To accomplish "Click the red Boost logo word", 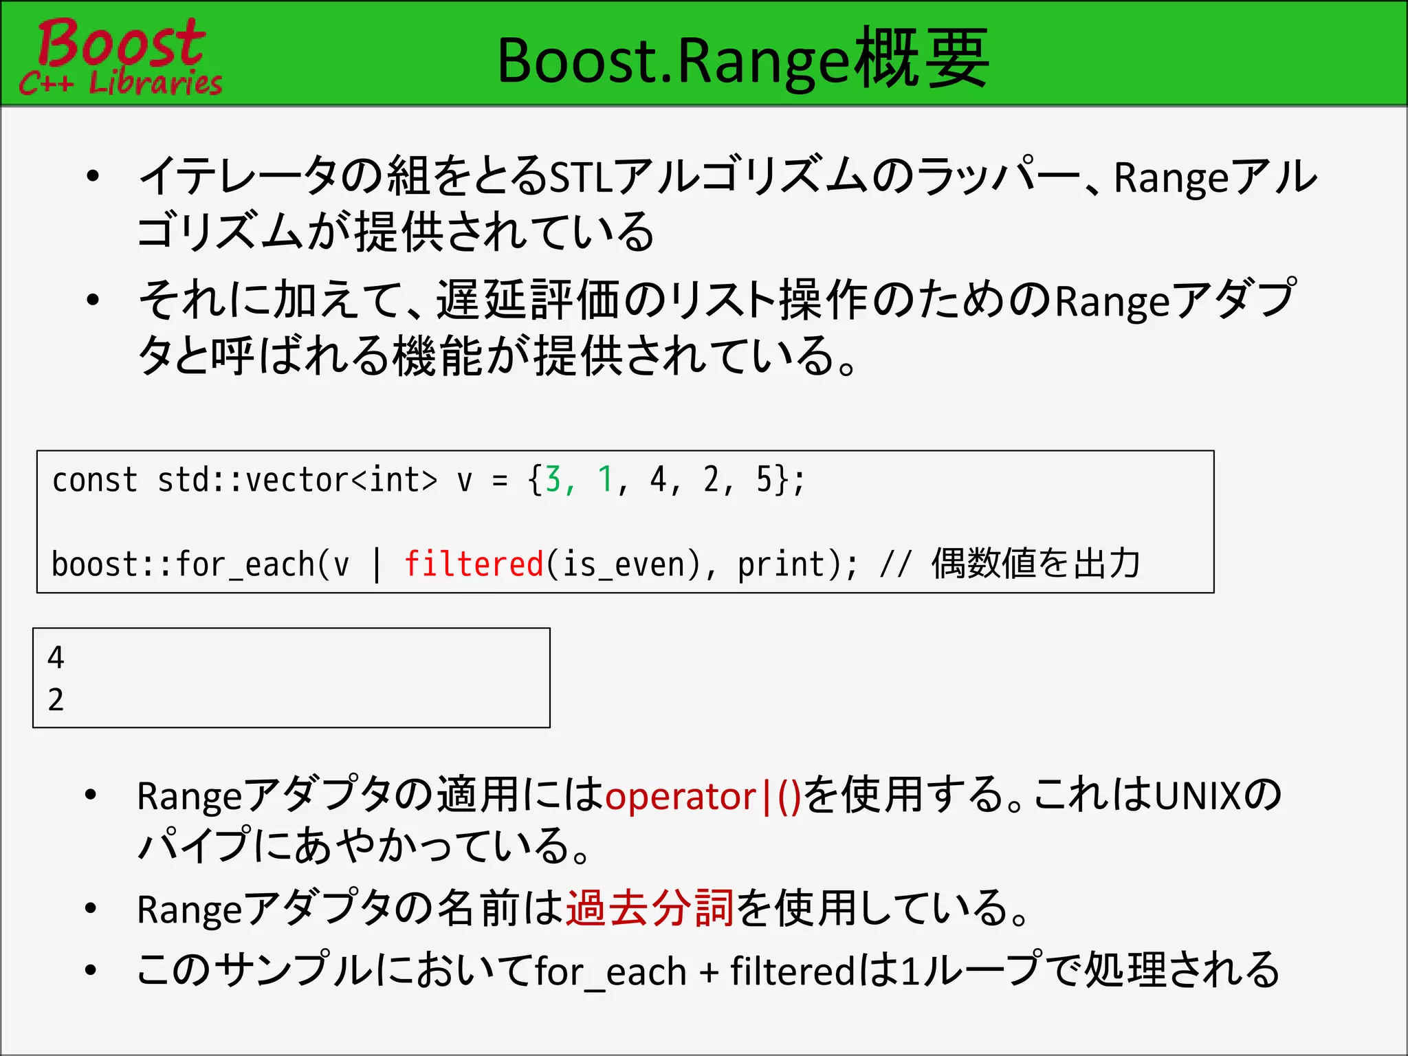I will point(121,43).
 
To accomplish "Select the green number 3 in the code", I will point(553,480).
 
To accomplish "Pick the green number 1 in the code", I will point(605,480).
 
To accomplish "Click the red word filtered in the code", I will point(474,564).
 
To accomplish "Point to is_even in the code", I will point(622,564).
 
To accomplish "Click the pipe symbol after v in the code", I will point(377,564).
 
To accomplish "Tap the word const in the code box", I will point(95,480).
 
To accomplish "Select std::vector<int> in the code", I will point(297,480).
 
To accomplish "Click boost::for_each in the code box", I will point(183,564).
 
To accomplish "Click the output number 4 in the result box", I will point(56,658).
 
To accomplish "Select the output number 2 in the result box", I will point(56,700).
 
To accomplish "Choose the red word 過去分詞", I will point(650,908).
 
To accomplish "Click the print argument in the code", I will point(781,564).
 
